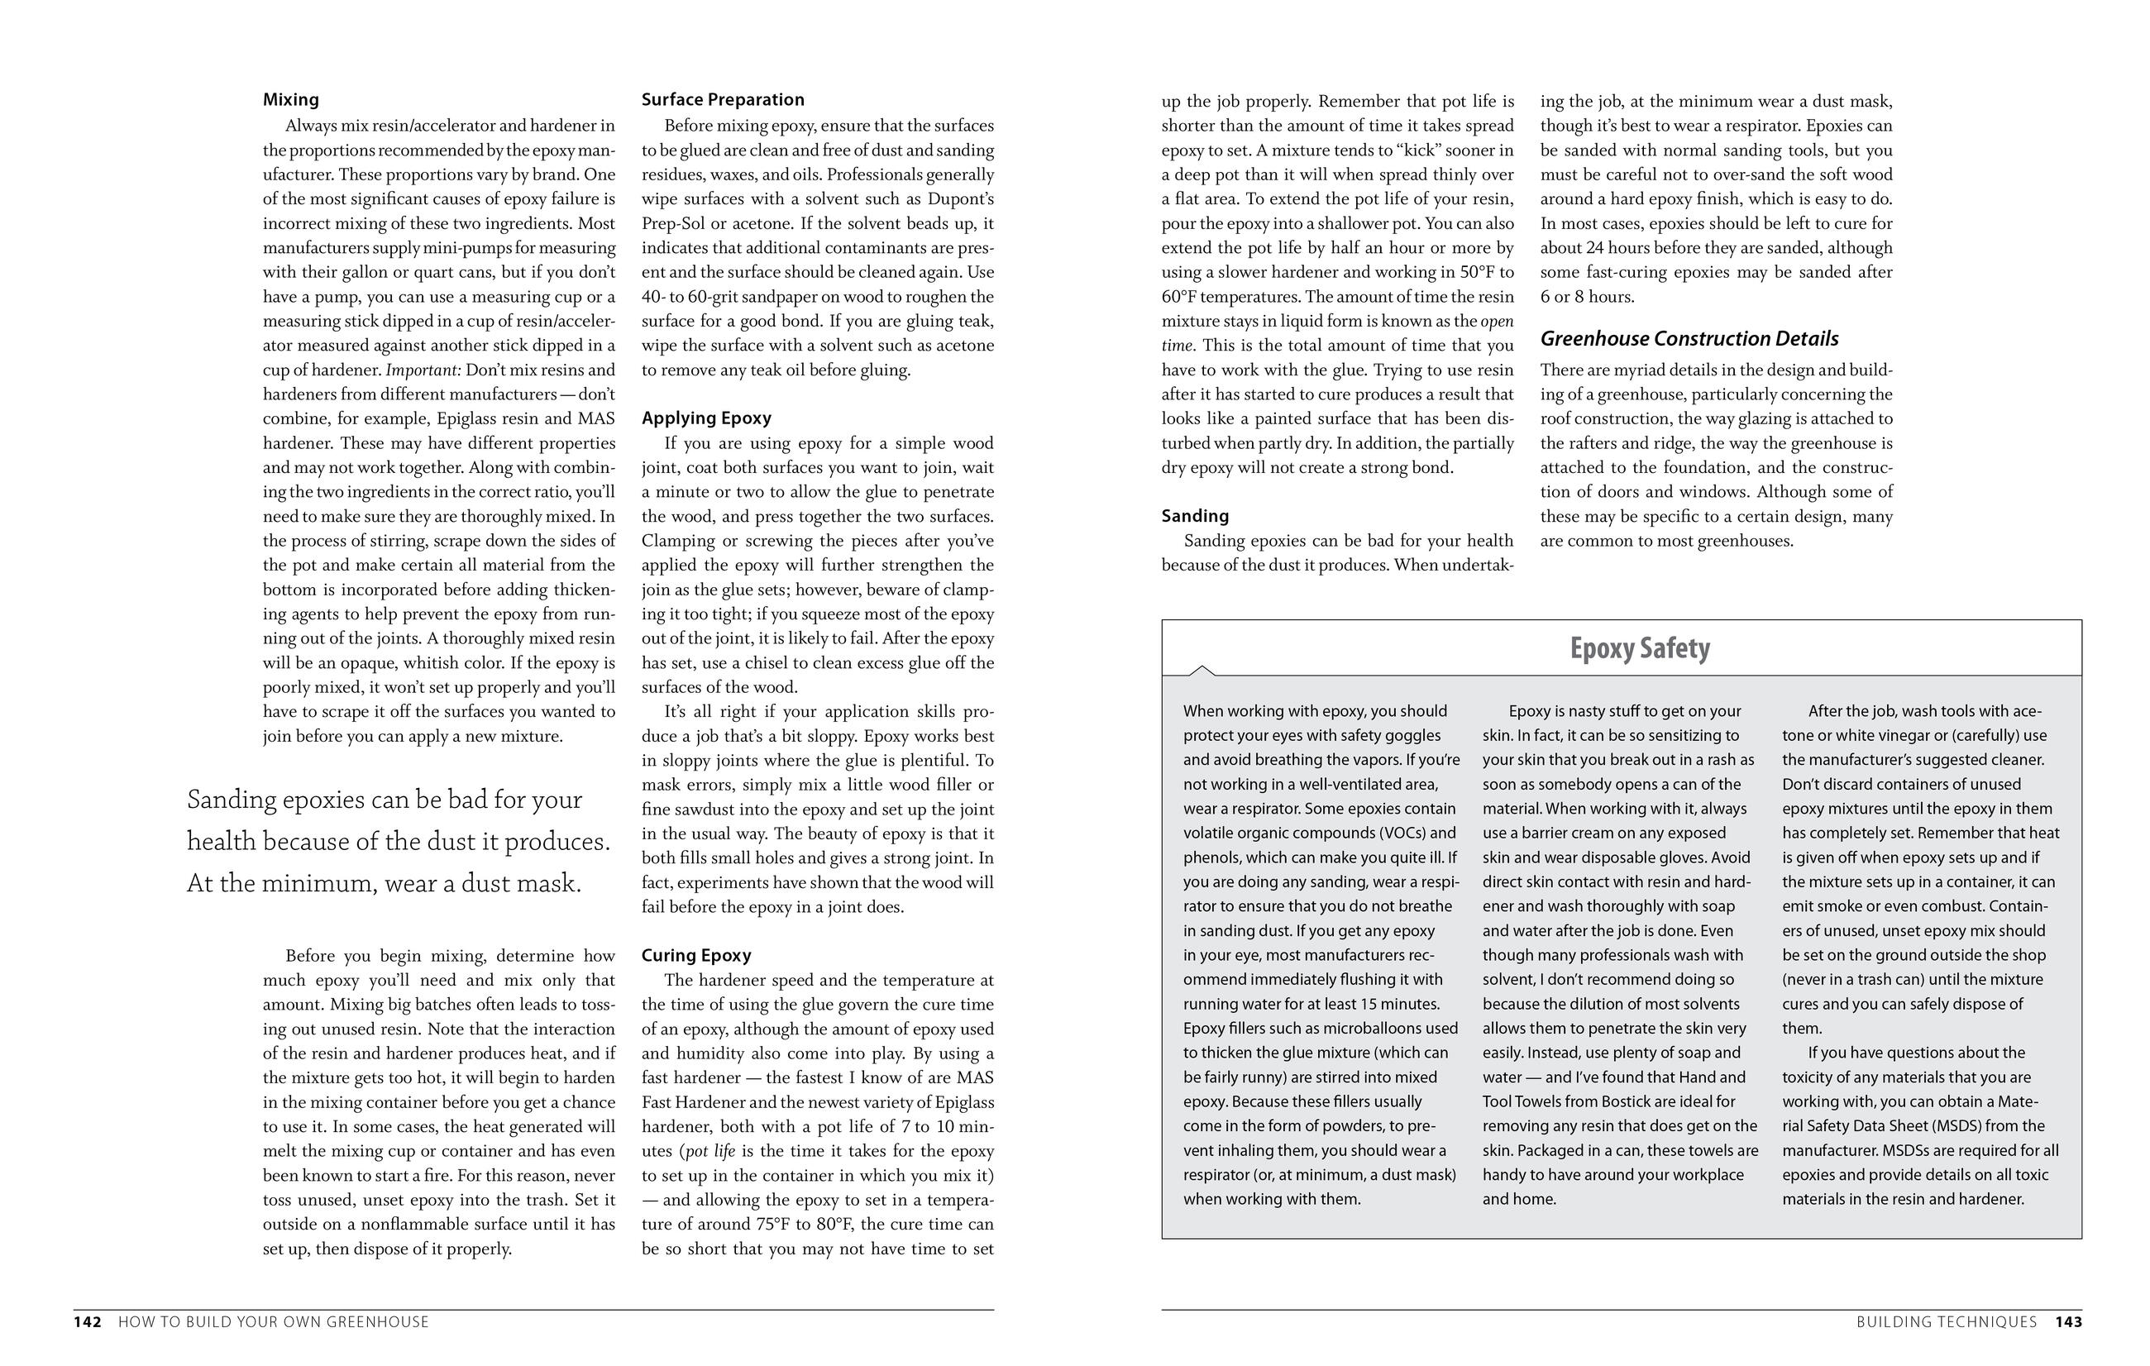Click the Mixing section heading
(x=290, y=99)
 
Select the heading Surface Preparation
(x=723, y=99)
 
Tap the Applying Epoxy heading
(x=705, y=418)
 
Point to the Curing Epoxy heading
(x=695, y=955)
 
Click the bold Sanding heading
(x=1195, y=515)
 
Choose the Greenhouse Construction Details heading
(x=1689, y=338)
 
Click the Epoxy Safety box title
(x=1639, y=648)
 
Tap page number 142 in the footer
(x=87, y=1322)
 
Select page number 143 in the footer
(x=2069, y=1322)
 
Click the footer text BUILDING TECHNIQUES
(x=1947, y=1322)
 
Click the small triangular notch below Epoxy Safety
(x=1202, y=670)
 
